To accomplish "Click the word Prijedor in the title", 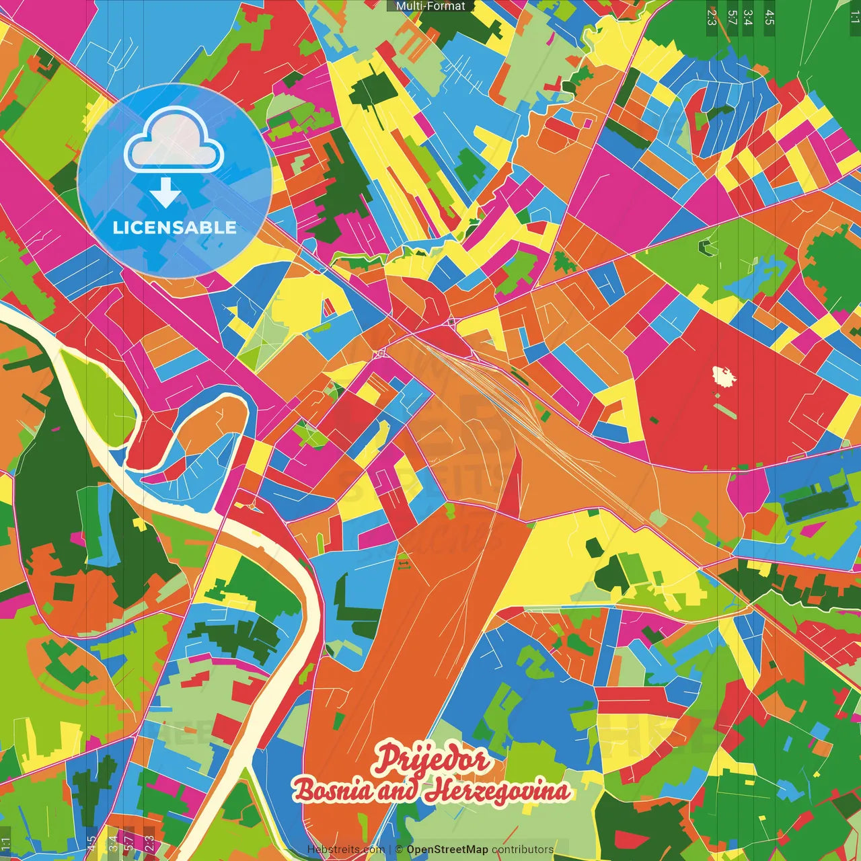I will (431, 759).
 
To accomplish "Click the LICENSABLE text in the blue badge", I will (174, 227).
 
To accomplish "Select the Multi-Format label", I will (430, 6).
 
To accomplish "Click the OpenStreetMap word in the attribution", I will (447, 850).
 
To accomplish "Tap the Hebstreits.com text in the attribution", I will (346, 850).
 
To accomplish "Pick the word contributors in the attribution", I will (522, 850).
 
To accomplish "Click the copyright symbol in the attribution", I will (399, 850).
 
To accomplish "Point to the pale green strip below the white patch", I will (725, 410).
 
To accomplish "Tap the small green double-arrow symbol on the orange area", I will (404, 565).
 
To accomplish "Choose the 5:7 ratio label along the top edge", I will (732, 17).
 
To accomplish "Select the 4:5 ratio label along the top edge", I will (770, 17).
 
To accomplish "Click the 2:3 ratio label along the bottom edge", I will (149, 842).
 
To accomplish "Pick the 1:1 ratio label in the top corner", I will (854, 17).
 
